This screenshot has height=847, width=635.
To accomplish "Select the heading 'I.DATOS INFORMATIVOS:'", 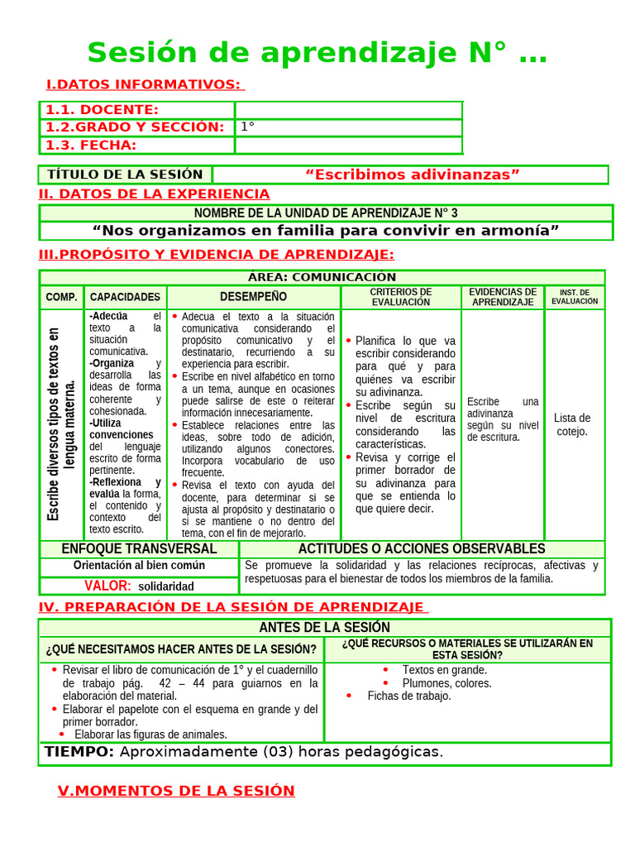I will click(x=144, y=84).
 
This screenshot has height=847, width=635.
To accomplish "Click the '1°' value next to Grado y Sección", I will click(x=247, y=127).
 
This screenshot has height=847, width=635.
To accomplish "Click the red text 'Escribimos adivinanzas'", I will click(x=412, y=175).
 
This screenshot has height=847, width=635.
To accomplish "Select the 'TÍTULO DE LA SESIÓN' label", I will click(x=125, y=175).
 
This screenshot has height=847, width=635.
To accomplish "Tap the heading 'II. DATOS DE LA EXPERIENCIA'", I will click(x=155, y=194).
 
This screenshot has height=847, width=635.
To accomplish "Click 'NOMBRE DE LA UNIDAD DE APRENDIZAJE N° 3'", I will click(x=326, y=213).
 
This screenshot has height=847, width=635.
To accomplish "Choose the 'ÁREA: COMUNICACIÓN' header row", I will click(x=322, y=277).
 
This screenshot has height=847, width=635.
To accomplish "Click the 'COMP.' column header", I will click(x=62, y=297).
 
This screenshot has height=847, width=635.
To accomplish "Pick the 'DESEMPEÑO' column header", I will click(x=254, y=297).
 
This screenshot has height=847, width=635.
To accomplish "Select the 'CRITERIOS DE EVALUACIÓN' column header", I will click(x=401, y=297).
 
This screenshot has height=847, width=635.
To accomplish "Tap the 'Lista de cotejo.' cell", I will click(x=572, y=424).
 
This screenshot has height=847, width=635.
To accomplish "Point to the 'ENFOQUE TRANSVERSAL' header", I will click(x=139, y=549).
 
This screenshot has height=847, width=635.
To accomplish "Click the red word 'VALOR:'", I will click(x=107, y=586).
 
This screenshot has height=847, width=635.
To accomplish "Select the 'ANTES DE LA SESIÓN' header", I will click(x=325, y=628).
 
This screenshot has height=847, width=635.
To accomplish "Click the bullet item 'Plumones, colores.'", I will click(x=446, y=683).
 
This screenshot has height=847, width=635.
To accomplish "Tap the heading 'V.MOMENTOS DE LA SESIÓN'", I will click(x=176, y=791).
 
